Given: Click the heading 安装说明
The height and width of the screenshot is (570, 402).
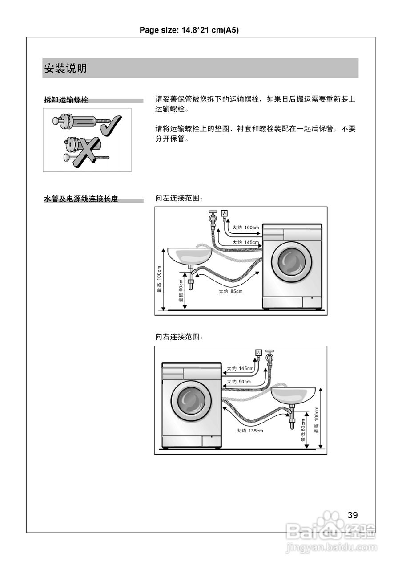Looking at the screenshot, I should point(65,69).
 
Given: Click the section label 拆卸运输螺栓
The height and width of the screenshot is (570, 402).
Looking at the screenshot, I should point(66,100).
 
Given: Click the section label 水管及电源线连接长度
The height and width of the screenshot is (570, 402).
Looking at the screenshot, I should point(81,199).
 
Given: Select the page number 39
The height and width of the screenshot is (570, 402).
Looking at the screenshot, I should point(352,515).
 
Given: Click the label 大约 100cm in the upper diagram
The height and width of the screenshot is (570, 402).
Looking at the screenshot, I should point(245,228).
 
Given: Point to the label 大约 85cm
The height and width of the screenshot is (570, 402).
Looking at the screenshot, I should point(230,291).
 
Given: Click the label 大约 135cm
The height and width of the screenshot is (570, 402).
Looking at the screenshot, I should point(249,431).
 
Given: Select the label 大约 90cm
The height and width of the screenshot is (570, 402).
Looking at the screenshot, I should point(239,382).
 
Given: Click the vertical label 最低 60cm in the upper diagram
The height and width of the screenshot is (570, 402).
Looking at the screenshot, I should point(181,290).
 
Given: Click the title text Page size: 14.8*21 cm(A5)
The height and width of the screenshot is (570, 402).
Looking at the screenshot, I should point(190,30).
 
